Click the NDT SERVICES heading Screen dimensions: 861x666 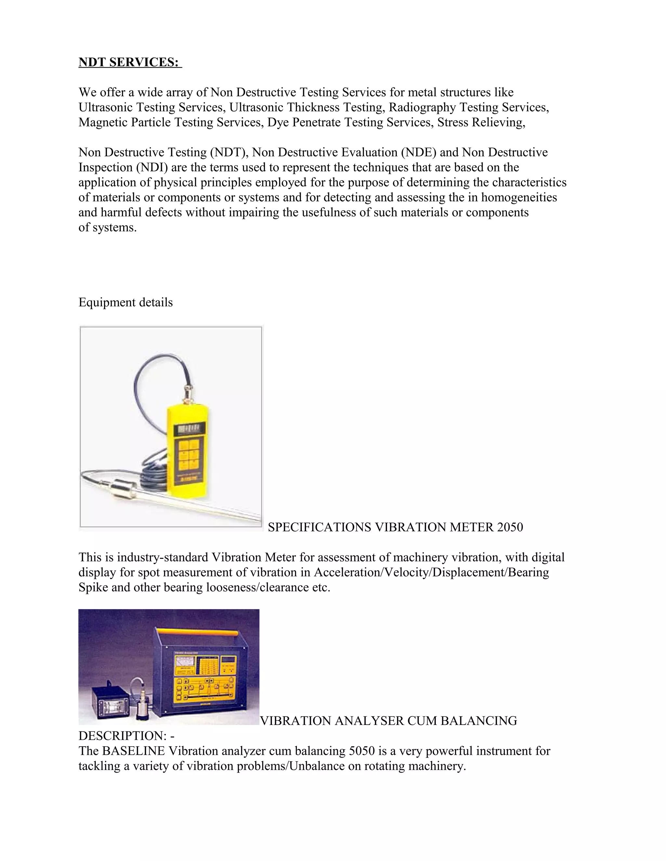click(130, 62)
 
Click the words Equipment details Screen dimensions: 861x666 click(126, 302)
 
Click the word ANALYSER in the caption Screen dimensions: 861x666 click(369, 721)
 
